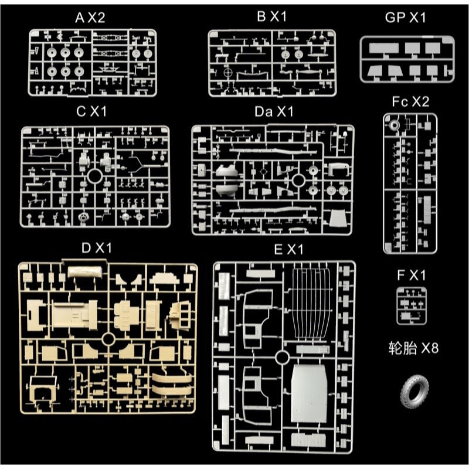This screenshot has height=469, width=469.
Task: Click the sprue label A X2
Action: (90, 18)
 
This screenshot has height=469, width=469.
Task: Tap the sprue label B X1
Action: (271, 16)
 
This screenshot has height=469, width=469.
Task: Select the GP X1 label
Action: (405, 18)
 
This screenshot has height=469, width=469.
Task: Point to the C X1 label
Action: (91, 111)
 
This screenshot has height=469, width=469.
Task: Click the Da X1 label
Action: (274, 111)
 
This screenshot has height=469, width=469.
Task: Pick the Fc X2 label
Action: (410, 101)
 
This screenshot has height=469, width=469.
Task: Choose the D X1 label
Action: (96, 247)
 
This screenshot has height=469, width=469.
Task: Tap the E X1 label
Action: (288, 249)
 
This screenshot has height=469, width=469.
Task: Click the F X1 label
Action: (412, 275)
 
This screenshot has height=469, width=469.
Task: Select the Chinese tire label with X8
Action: (413, 348)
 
